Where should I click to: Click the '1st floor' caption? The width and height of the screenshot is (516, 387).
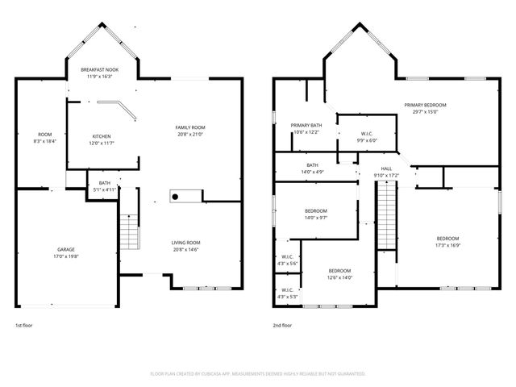pyautogui.click(x=24, y=327)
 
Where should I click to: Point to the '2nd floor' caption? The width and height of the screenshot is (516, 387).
pyautogui.click(x=283, y=327)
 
